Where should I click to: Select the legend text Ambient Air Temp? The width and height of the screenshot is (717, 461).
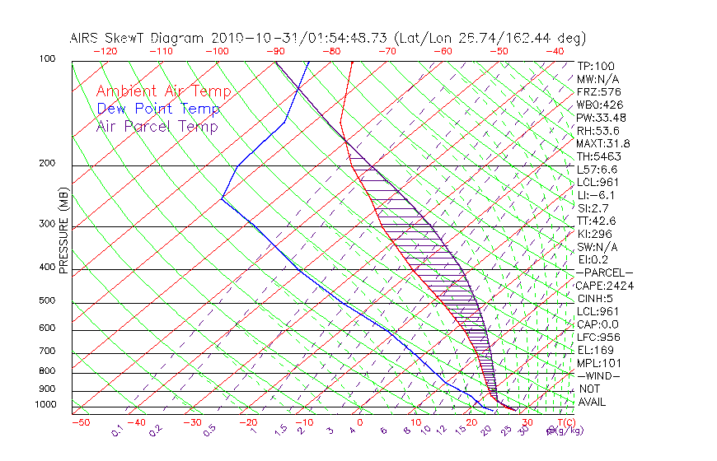[163, 91]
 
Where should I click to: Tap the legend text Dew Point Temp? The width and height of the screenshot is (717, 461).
[158, 109]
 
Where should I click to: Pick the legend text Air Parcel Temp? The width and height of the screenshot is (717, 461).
[157, 126]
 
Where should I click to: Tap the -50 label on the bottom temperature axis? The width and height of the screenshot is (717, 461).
[80, 423]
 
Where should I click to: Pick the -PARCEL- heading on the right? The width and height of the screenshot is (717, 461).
[605, 272]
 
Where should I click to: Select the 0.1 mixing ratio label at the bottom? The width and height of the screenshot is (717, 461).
[117, 430]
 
